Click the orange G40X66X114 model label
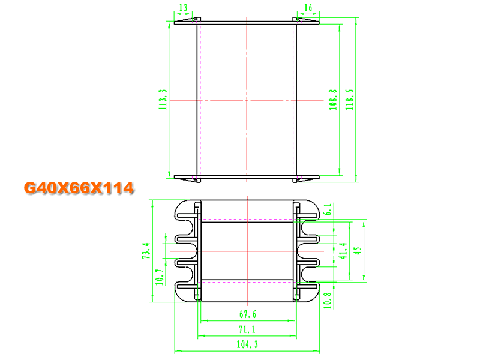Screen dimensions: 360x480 click(x=78, y=188)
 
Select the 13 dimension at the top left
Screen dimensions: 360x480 click(x=183, y=7)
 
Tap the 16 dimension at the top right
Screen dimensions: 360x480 click(x=308, y=7)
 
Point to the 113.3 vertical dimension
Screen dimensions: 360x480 click(x=162, y=100)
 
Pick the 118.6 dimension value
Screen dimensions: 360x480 click(x=350, y=100)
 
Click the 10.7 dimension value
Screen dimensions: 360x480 click(x=159, y=277)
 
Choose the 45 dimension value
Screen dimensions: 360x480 click(x=358, y=250)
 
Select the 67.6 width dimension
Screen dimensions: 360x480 click(x=247, y=313)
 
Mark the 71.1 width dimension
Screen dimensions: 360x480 click(x=247, y=328)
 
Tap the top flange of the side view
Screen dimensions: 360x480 click(x=247, y=22)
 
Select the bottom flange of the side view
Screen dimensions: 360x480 click(x=247, y=177)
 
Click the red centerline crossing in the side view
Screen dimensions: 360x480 click(x=247, y=99)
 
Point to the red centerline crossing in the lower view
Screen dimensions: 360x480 click(x=247, y=250)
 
